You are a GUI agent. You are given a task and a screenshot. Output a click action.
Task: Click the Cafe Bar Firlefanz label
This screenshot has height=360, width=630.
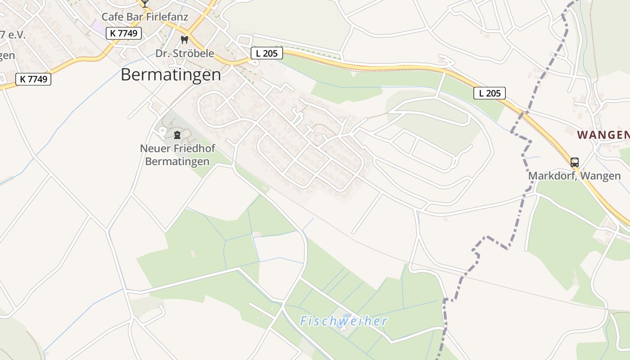coord(144,17)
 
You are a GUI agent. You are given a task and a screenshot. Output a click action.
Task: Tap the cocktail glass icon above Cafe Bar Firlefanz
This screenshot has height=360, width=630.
coord(145,3)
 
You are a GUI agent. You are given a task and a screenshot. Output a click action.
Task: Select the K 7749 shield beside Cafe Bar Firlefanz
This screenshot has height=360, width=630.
coord(124,33)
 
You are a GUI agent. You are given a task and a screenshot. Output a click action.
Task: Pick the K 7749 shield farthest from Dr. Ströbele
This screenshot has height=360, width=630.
coord(33,79)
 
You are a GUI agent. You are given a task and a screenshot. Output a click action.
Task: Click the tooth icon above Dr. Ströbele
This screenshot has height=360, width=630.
coord(184,40)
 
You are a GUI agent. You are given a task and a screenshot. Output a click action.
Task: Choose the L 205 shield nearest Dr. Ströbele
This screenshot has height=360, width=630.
coord(266,53)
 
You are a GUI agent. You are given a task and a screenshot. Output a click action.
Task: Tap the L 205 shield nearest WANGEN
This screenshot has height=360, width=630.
coord(490,93)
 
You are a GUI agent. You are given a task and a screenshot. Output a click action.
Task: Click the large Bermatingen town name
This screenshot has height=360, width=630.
coord(171,75)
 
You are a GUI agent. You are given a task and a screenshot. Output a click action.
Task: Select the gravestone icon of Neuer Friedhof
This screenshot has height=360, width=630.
coord(177,135)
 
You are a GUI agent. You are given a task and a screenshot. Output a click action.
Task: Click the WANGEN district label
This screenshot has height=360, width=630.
coord(603,135)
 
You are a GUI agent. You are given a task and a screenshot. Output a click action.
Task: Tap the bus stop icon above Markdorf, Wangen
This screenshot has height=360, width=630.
coord(574,162)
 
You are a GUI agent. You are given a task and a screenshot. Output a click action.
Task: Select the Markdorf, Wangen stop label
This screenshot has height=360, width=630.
coord(574,175)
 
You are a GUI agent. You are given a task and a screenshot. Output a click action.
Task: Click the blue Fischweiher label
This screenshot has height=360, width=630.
coord(343,321)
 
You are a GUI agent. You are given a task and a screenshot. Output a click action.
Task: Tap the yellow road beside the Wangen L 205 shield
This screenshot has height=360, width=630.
coord(517,108)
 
